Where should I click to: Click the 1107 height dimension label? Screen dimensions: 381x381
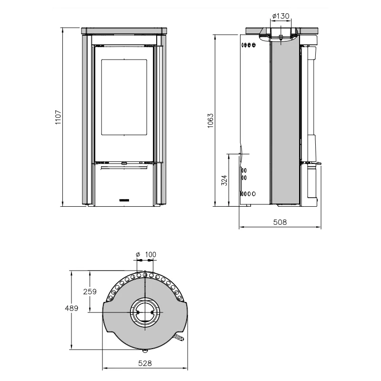58,117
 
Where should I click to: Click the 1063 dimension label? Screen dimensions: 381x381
211,120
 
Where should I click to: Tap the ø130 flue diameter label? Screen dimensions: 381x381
281,16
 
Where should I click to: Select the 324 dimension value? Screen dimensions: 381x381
225,180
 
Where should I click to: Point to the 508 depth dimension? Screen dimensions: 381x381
280,222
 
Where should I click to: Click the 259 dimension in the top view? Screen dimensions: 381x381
90,291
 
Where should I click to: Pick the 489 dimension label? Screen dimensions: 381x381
71,308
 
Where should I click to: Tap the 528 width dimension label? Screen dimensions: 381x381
145,363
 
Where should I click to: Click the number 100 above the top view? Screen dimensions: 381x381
150,254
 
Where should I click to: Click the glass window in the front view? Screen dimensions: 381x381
124,97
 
